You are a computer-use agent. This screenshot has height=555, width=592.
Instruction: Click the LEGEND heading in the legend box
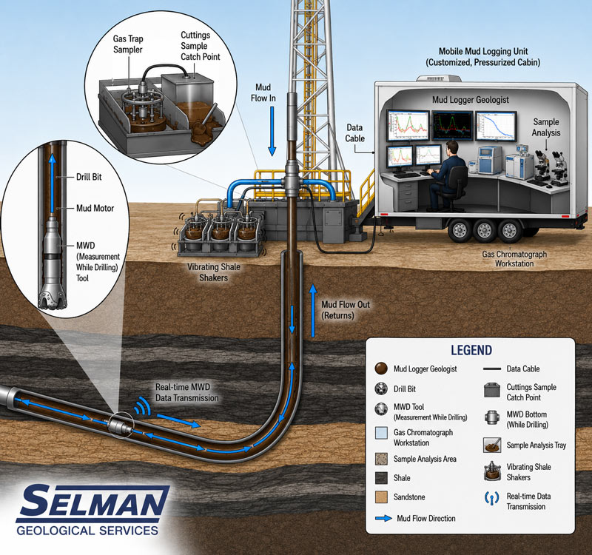click(x=471, y=350)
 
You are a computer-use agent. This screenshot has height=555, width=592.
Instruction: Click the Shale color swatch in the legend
click(x=381, y=477)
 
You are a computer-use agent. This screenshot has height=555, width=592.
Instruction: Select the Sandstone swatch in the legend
click(x=381, y=497)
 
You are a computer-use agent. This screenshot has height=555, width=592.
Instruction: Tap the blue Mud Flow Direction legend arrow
click(x=383, y=519)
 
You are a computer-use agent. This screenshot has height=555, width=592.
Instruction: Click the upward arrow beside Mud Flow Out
click(x=312, y=310)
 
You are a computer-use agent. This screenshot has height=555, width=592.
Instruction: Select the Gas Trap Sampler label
click(x=128, y=44)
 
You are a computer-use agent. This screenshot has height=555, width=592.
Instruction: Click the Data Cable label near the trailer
click(x=354, y=133)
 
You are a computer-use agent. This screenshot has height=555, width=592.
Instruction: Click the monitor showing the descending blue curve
click(x=496, y=126)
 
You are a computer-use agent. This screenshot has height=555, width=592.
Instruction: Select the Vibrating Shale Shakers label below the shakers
click(x=214, y=272)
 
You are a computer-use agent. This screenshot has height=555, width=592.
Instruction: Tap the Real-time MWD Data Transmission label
click(x=187, y=393)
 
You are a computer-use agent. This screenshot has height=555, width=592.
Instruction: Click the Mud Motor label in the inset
click(x=95, y=208)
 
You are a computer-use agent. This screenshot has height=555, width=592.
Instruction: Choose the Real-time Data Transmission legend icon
click(x=491, y=498)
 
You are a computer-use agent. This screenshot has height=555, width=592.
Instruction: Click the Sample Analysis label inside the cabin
click(x=546, y=127)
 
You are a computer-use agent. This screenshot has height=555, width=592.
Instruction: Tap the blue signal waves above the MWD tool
click(x=144, y=406)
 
